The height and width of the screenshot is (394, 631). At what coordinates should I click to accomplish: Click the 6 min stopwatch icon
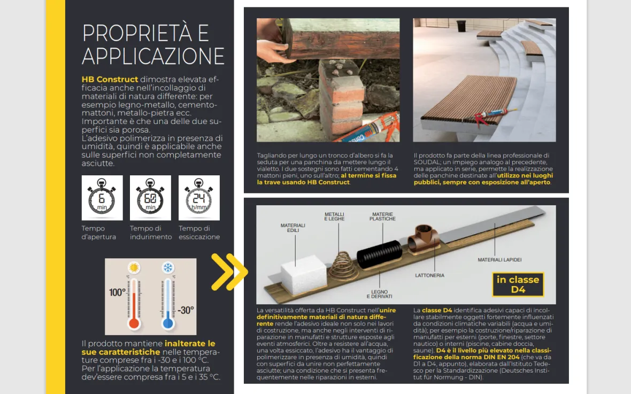pyautogui.click(x=102, y=198)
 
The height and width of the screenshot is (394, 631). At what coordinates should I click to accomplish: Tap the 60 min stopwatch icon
pyautogui.click(x=150, y=198)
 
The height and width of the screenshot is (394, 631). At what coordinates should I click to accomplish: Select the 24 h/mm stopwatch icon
pyautogui.click(x=199, y=198)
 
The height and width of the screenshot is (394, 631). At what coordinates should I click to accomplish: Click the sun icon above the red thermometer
pyautogui.click(x=134, y=268)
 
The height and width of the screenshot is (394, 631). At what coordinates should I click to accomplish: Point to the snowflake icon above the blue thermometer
pyautogui.click(x=168, y=268)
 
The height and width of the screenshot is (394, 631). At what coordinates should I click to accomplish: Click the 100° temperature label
pyautogui.click(x=117, y=292)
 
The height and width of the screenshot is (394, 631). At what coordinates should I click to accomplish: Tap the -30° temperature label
pyautogui.click(x=186, y=310)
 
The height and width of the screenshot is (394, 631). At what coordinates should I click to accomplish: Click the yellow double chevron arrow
pyautogui.click(x=229, y=272)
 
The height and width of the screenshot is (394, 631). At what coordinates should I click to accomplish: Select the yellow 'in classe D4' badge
pyautogui.click(x=518, y=284)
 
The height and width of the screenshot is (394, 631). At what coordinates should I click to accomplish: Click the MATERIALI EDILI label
pyautogui.click(x=293, y=228)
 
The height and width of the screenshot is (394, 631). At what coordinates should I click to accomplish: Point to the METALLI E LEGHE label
pyautogui.click(x=334, y=217)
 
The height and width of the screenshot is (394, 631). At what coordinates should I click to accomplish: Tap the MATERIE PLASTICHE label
pyautogui.click(x=383, y=217)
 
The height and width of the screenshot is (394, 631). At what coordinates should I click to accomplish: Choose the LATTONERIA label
pyautogui.click(x=430, y=275)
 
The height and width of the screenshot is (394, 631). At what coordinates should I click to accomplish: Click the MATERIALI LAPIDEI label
pyautogui.click(x=499, y=260)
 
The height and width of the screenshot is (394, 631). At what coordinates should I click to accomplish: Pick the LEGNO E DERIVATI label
pyautogui.click(x=379, y=294)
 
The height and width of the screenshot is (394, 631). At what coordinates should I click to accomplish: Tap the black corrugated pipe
pyautogui.click(x=379, y=254)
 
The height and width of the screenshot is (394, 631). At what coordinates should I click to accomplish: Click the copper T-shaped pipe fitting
pyautogui.click(x=424, y=238)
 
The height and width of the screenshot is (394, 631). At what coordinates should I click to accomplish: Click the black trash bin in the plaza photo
pyautogui.click(x=461, y=26)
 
